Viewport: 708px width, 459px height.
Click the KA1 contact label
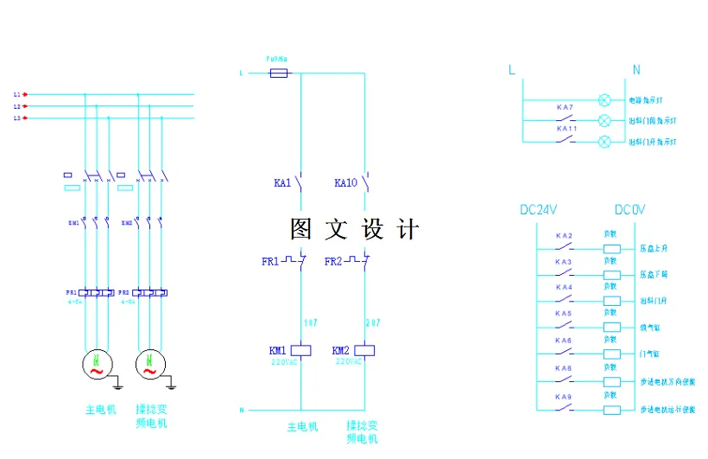click(281, 183)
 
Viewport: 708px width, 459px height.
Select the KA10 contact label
click(345, 183)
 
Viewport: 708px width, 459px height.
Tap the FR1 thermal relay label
click(270, 261)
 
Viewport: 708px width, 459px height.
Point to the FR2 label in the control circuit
click(334, 261)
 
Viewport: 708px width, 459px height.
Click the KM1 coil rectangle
click(300, 351)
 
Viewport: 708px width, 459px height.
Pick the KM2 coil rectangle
click(364, 351)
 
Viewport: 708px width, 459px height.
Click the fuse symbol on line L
click(279, 73)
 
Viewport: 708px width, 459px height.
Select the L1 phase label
click(16, 93)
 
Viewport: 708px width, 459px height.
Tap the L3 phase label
click(16, 118)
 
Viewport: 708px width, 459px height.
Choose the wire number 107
click(312, 322)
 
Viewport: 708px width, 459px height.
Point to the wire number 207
click(374, 322)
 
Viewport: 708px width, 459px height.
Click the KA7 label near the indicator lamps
click(565, 107)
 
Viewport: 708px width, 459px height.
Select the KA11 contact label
click(566, 128)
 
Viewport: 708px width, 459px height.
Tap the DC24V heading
click(539, 210)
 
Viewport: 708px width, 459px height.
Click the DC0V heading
click(629, 210)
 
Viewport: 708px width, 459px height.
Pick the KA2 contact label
click(564, 235)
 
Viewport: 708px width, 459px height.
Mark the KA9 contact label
click(564, 397)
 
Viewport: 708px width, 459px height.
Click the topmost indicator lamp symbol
click(604, 100)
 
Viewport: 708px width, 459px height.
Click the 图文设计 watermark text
click(355, 229)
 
